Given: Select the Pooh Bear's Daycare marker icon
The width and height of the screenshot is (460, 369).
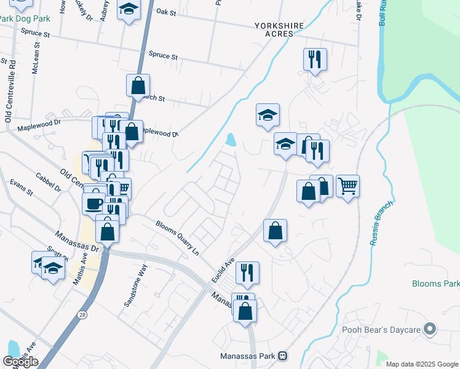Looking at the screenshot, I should (430, 330).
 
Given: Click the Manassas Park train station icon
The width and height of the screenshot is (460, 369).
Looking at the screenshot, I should (282, 356).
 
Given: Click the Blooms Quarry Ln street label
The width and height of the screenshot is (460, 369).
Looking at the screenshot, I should (178, 238).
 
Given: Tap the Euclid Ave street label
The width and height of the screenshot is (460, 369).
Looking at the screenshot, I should (223, 269).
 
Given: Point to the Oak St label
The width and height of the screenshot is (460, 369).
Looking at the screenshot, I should (166, 11).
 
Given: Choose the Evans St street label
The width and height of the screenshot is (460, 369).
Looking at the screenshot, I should (20, 188).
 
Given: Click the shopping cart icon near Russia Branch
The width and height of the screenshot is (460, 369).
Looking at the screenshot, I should (347, 186).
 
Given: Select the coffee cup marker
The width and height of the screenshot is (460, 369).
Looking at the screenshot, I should (94, 204).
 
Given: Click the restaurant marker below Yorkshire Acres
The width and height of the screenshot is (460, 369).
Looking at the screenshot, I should (314, 60).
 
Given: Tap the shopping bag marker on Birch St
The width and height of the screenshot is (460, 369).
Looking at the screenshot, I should (138, 85).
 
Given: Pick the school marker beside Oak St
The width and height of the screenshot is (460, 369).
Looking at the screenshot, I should (129, 10).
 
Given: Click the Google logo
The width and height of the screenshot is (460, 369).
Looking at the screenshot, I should (21, 362).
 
